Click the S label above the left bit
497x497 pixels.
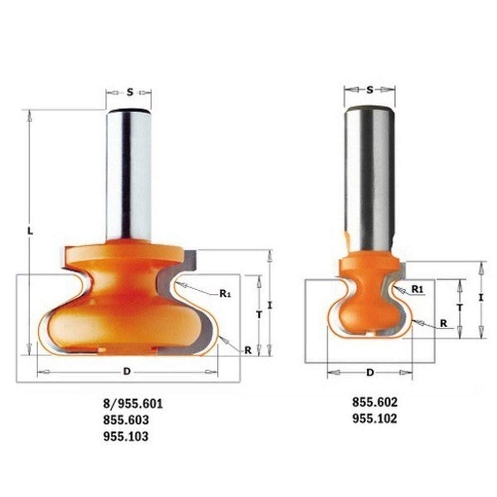pyautogui.click(x=130, y=92)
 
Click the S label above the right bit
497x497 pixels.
pyautogui.click(x=370, y=90)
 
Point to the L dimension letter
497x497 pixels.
pyautogui.click(x=30, y=232)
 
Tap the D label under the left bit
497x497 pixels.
pyautogui.click(x=127, y=371)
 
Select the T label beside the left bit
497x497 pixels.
pyautogui.click(x=259, y=315)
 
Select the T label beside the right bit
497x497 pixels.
pyautogui.click(x=460, y=308)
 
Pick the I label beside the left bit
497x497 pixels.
pyautogui.click(x=270, y=305)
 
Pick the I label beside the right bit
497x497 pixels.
pyautogui.click(x=481, y=298)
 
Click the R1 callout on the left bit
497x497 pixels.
pyautogui.click(x=225, y=294)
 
